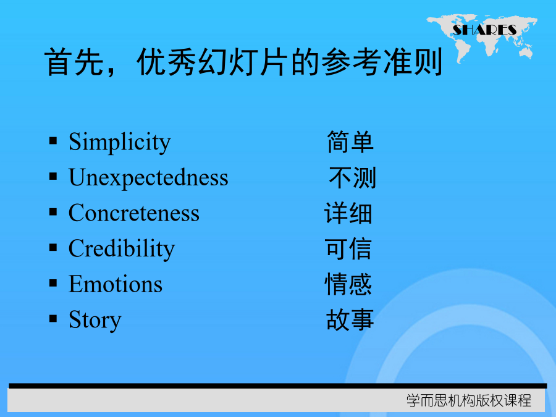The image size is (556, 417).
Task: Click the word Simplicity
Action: pos(120,142)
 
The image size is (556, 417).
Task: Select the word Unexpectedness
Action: pos(148,177)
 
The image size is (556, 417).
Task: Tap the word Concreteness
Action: pos(134,213)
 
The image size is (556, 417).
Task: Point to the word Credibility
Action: pos(122,248)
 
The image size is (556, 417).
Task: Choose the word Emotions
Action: pos(116,284)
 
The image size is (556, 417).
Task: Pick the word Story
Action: pos(95,320)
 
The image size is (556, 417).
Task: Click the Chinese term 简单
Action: pos(350,142)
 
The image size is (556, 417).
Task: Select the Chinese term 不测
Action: pos(352,177)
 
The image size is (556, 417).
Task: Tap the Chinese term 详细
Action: pos(348,213)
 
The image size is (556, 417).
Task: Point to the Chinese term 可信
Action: pos(348,248)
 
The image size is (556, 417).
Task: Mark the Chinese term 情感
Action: pos(348,284)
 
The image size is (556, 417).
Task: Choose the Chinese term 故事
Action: pos(350,320)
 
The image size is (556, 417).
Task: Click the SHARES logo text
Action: pos(484,30)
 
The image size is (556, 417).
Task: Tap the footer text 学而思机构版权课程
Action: pos(469,401)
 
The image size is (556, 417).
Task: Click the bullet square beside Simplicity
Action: pos(53,141)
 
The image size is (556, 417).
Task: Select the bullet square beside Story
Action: pos(53,318)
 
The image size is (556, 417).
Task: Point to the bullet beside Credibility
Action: pos(53,247)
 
